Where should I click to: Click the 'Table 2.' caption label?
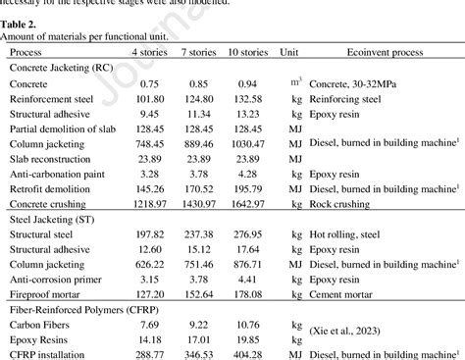pos(20,23)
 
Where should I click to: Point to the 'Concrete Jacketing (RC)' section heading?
pos(62,71)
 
